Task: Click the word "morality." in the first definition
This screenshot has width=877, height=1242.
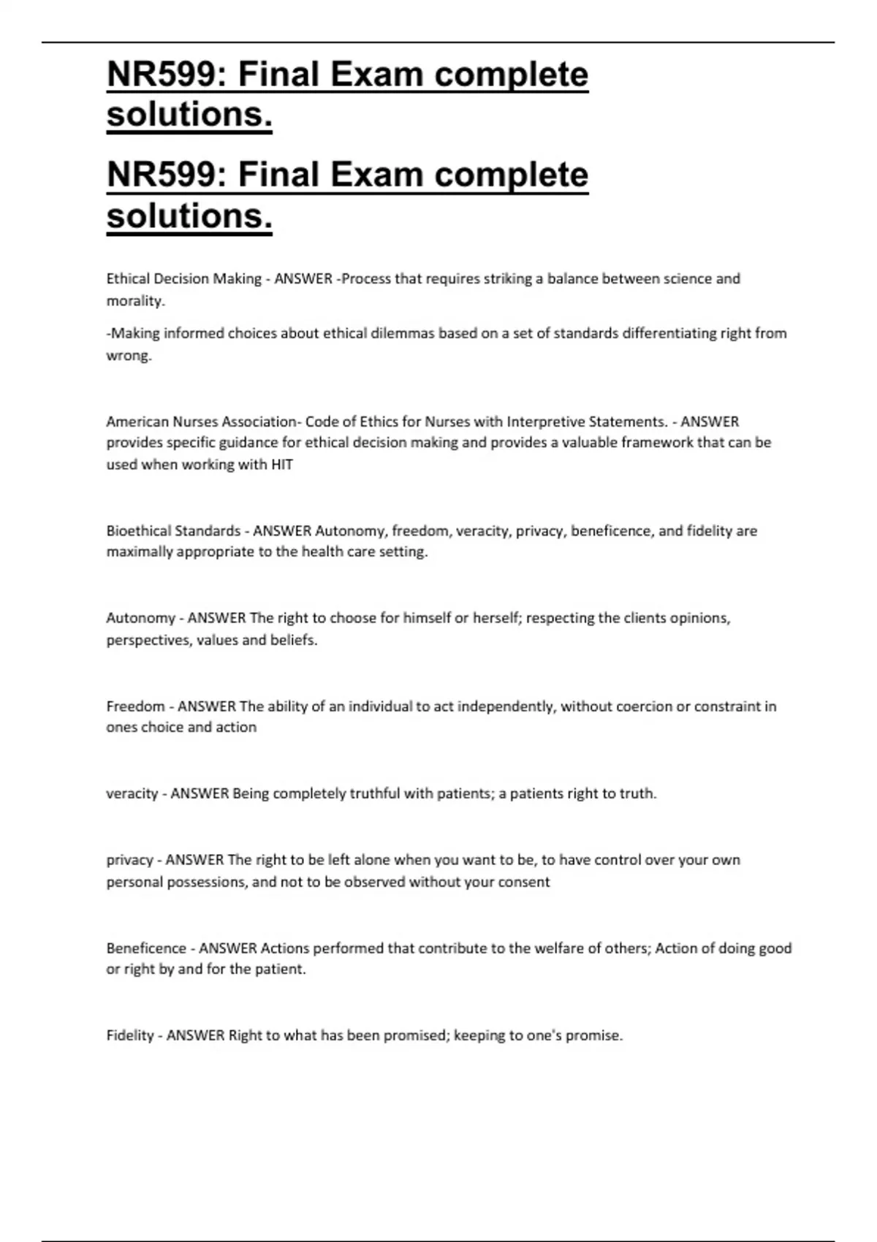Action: click(135, 301)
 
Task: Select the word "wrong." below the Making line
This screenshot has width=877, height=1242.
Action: click(129, 356)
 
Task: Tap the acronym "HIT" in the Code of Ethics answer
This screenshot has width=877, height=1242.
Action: click(281, 465)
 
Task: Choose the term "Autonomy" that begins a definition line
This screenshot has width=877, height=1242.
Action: click(140, 619)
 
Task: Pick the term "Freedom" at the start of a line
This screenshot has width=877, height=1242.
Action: click(135, 706)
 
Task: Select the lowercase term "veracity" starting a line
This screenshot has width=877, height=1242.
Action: click(132, 794)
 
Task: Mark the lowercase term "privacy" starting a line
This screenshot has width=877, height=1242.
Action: click(129, 861)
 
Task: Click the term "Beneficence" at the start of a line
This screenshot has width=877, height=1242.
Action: click(146, 948)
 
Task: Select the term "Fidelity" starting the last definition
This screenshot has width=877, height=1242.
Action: click(130, 1036)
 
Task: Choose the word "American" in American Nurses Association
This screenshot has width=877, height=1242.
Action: click(137, 422)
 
